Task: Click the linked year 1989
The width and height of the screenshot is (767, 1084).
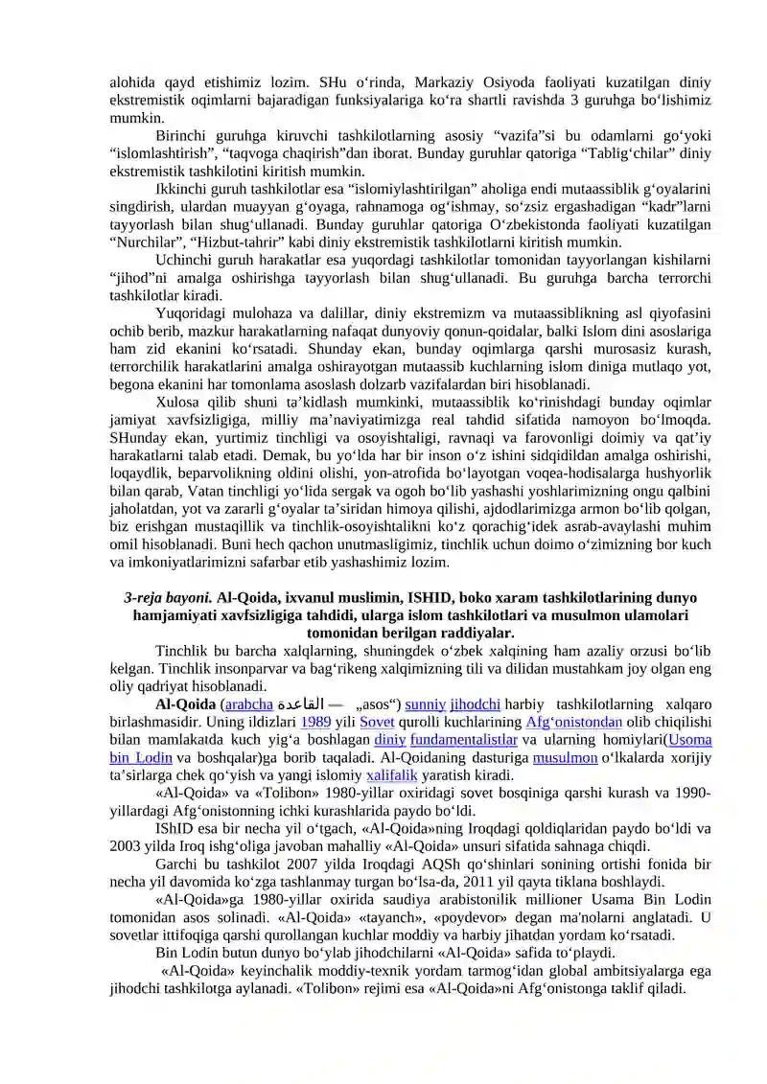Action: pyautogui.click(x=316, y=724)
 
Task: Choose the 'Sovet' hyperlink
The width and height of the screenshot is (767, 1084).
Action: pyautogui.click(x=377, y=724)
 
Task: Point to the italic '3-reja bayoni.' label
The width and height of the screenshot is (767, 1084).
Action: pyautogui.click(x=167, y=598)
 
